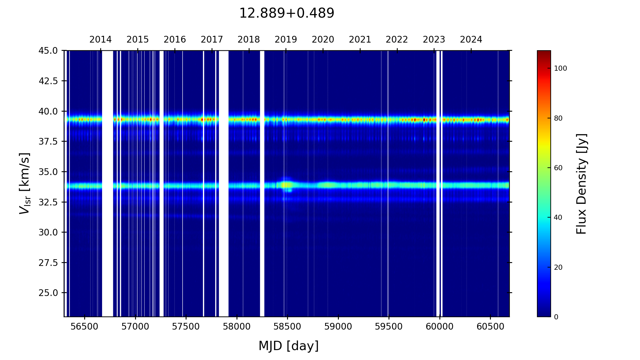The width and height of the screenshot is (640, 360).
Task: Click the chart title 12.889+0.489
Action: pos(286,13)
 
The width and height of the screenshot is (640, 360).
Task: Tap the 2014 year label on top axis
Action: pos(100,40)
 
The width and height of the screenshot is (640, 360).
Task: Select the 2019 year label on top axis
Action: pos(286,40)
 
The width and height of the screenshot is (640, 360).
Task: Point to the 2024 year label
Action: pos(471,40)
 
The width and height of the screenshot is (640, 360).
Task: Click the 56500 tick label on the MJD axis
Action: pos(84,327)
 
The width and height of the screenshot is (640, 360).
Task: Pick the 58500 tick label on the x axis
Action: pos(287,327)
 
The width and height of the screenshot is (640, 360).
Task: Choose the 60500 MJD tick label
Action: pos(490,327)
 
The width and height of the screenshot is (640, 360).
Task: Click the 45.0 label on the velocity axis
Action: pos(48,51)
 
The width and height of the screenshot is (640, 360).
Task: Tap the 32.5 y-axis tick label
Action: pos(48,202)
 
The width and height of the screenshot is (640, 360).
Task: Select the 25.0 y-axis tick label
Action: pos(48,293)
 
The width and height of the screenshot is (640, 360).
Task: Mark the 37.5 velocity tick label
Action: pos(48,141)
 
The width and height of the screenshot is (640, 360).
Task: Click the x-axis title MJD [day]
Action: pos(289,346)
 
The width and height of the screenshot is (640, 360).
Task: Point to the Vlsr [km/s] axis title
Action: pos(25,183)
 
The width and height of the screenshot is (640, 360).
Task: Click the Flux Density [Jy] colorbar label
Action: pos(581,184)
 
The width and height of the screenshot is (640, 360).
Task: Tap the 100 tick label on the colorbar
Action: pos(560,68)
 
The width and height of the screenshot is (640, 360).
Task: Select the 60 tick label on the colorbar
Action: pos(558,168)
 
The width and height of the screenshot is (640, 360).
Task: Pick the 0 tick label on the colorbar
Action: pos(556,317)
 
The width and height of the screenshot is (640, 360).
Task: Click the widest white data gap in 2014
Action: pos(108,183)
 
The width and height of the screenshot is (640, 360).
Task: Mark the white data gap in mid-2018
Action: pos(262,183)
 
